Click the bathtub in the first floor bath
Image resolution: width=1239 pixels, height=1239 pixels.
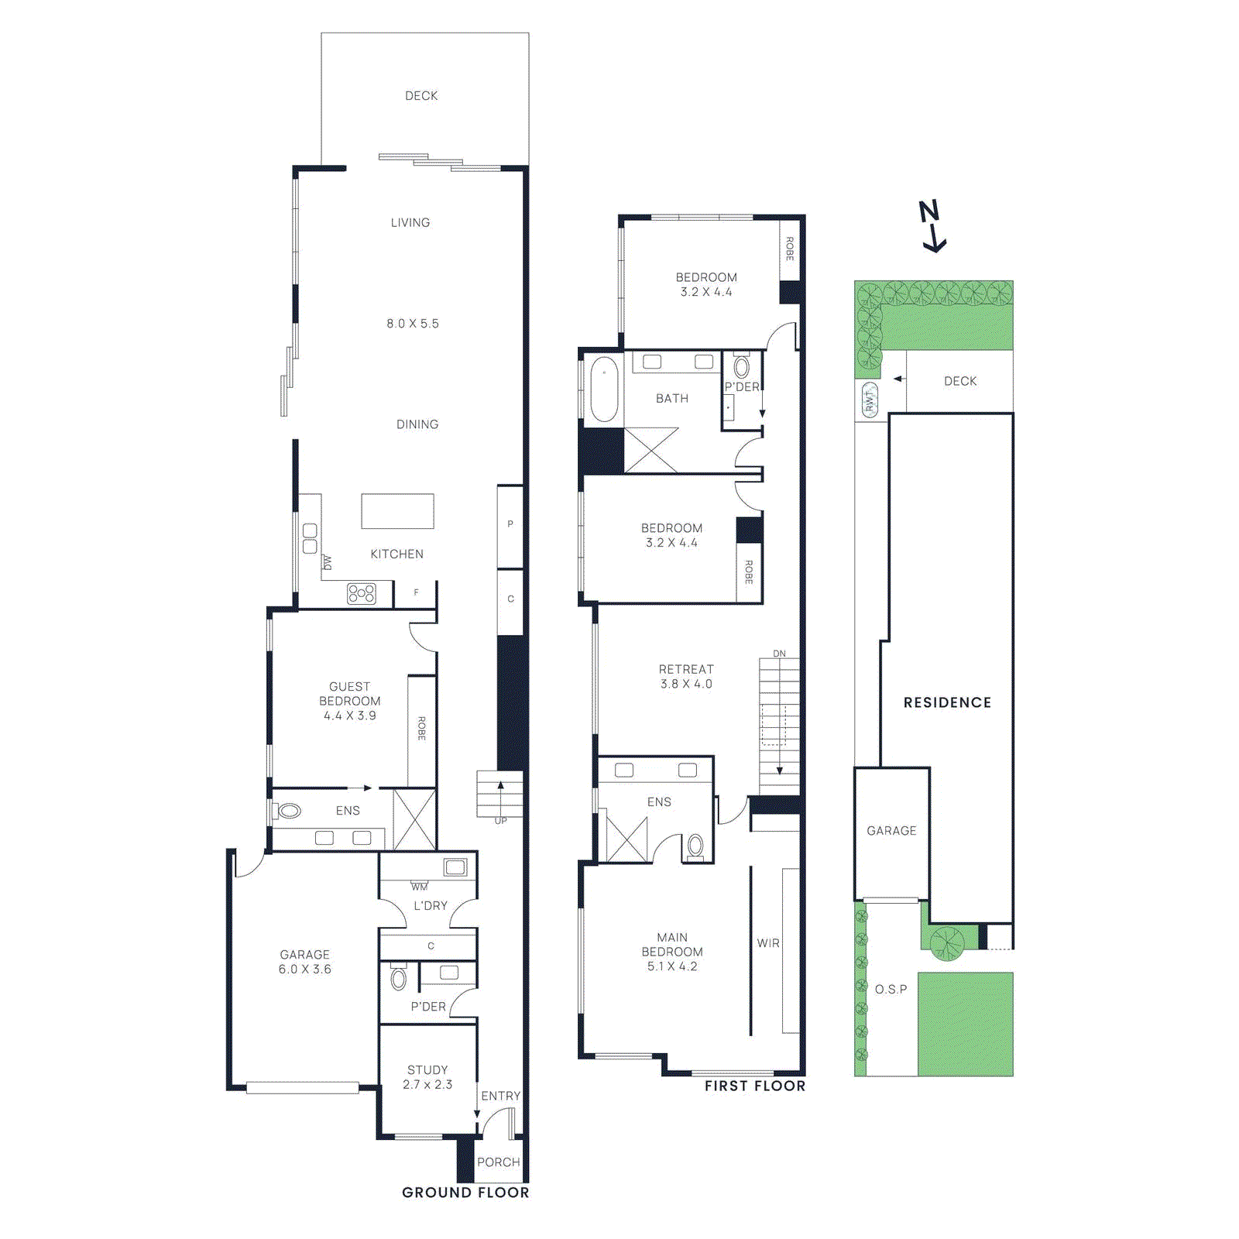[604, 389]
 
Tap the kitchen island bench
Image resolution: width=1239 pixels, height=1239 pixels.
[397, 511]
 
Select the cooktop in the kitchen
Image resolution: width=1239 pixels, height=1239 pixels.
[362, 594]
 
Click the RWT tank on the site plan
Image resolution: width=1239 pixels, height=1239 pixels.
[870, 400]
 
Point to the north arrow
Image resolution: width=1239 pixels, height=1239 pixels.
[932, 225]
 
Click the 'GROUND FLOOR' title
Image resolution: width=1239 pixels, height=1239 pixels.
[465, 1193]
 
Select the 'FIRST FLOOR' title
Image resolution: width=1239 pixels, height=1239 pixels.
[754, 1086]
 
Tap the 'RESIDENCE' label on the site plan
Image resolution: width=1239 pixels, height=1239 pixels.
[947, 702]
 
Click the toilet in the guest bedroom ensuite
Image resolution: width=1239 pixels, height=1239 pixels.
[289, 811]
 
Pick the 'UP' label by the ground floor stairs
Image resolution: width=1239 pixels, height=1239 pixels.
[501, 821]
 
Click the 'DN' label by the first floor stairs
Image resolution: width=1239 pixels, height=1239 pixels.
[779, 654]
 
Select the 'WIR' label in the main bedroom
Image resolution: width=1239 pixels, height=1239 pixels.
[768, 943]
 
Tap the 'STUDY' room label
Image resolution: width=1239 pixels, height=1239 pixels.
[427, 1069]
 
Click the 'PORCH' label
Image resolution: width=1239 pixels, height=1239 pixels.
[499, 1162]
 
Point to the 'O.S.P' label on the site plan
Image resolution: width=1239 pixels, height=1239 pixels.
[891, 989]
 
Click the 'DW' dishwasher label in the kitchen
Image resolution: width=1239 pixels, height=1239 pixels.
[328, 562]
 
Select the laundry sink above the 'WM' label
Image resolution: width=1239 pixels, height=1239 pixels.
[455, 867]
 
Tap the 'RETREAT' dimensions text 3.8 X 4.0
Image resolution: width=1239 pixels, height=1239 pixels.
[686, 684]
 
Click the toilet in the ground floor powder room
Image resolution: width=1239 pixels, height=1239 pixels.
[398, 978]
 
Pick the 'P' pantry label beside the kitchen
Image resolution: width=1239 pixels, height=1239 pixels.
[510, 524]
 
